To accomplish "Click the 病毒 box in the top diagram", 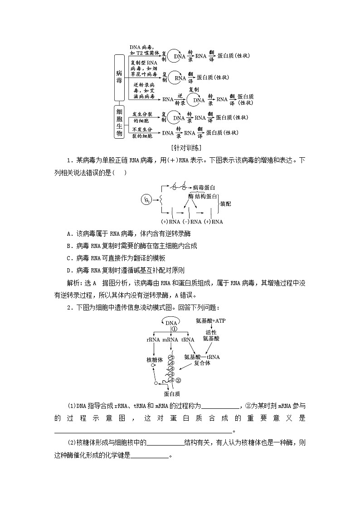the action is [119, 77].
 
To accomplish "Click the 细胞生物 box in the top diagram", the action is [119, 121].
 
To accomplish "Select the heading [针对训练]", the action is [180, 148].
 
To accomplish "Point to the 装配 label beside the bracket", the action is [225, 204].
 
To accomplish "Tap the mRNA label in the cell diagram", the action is [170, 339].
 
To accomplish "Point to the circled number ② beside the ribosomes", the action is [179, 380].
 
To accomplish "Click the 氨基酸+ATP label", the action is [210, 320].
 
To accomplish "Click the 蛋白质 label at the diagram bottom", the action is [172, 393].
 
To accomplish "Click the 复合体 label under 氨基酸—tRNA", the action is [202, 363].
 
